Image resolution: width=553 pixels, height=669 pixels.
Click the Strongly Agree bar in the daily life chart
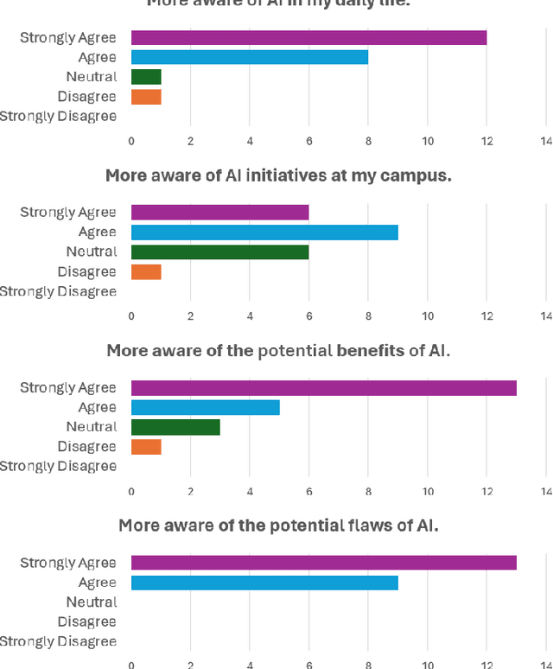tap(308, 37)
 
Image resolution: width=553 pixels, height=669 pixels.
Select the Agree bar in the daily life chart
tap(250, 57)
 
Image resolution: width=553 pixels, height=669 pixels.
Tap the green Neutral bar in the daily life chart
tap(146, 77)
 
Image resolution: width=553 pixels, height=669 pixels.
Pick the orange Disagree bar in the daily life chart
tap(146, 97)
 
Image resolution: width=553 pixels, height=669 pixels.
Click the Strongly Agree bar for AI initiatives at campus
tap(219, 213)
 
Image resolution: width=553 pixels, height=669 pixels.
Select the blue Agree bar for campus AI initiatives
tap(264, 232)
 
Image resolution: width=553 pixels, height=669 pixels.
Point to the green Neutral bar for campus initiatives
tap(219, 252)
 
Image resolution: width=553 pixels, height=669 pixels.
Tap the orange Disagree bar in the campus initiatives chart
tap(146, 271)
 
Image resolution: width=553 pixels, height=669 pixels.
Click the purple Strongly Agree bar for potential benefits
tap(323, 387)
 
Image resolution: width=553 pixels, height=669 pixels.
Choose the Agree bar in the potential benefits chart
tap(206, 407)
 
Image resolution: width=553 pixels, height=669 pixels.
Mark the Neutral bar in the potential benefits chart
tap(175, 427)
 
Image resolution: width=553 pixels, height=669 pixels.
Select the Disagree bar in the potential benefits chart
tap(146, 447)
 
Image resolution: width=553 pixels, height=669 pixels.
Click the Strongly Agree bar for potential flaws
tap(323, 563)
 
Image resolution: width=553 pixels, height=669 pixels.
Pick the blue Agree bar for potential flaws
tap(264, 583)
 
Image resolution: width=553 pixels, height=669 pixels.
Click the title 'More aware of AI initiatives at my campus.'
tap(278, 175)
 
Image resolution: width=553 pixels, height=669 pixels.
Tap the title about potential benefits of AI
tap(278, 350)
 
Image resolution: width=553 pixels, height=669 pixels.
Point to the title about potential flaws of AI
tap(278, 525)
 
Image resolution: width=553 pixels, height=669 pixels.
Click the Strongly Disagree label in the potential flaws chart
tap(57, 641)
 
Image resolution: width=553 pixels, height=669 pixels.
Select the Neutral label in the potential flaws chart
tap(91, 602)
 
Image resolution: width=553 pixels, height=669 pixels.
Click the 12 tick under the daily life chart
tap(486, 141)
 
